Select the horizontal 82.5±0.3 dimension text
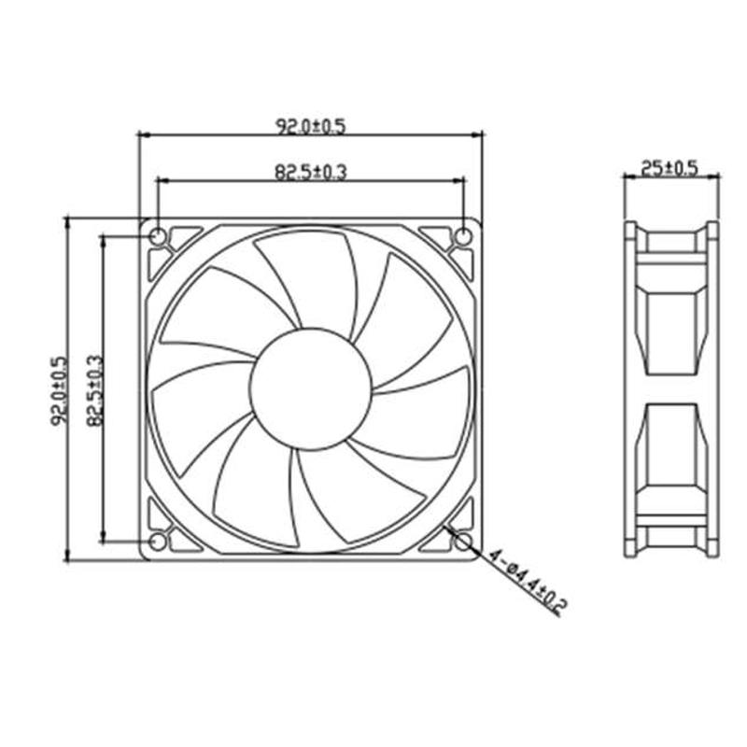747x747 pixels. [x=311, y=172]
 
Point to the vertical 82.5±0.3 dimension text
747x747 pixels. [x=93, y=390]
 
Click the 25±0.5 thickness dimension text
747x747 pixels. [x=670, y=168]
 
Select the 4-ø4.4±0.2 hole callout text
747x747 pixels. [x=529, y=581]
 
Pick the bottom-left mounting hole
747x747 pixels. [x=158, y=542]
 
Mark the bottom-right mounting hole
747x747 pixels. [x=462, y=542]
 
